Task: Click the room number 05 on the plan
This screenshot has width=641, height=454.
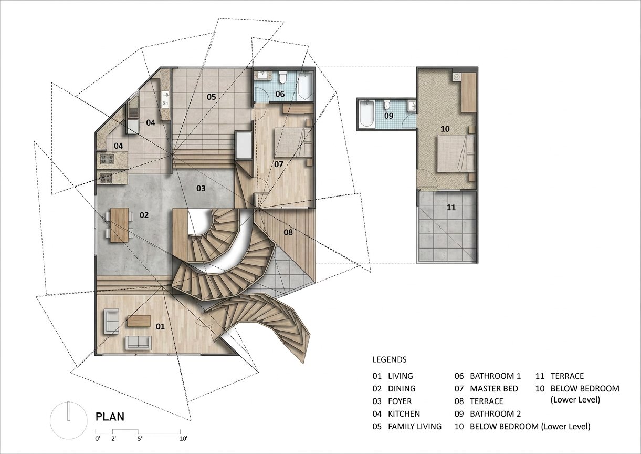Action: click(211, 97)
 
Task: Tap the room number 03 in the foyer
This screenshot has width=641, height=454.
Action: click(201, 188)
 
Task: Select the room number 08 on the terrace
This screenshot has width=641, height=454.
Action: click(288, 232)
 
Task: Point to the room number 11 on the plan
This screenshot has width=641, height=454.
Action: click(451, 207)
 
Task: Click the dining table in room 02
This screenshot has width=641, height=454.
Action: click(119, 225)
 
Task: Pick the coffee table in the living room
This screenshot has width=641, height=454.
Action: click(139, 321)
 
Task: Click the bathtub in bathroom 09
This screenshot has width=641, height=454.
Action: click(367, 114)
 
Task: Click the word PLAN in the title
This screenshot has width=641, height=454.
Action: click(110, 417)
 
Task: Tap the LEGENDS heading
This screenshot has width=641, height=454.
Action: click(390, 359)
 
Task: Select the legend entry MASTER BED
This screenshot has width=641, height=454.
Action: click(494, 389)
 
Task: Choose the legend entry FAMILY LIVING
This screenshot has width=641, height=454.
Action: click(415, 427)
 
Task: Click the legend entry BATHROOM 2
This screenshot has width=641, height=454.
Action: click(496, 414)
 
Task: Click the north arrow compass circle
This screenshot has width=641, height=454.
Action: click(68, 420)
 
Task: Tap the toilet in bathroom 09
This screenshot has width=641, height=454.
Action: click(386, 105)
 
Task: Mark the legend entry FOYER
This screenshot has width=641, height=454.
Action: click(400, 401)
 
